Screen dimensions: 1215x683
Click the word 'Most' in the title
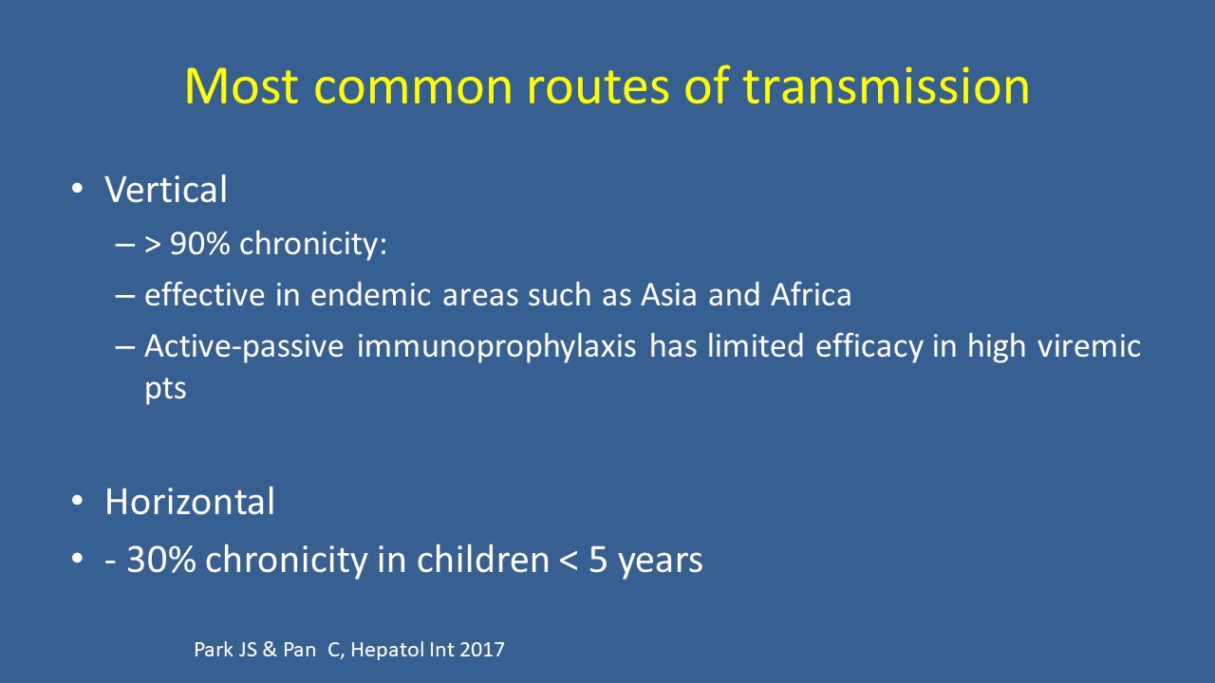click(241, 85)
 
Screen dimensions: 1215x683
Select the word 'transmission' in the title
click(886, 85)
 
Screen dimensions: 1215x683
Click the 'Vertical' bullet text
click(165, 190)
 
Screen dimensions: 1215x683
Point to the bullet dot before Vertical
click(77, 189)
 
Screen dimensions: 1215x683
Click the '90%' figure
click(200, 244)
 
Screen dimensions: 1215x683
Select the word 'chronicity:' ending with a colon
click(313, 245)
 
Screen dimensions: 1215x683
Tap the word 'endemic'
click(370, 295)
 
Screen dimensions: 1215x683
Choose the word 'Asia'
click(669, 295)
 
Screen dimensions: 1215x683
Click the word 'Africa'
click(811, 295)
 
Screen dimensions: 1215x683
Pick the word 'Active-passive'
click(244, 347)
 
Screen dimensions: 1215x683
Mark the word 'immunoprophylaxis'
click(496, 347)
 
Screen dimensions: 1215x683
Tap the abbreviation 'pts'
click(165, 390)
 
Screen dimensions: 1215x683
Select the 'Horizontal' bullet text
click(190, 502)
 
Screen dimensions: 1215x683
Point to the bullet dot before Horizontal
click(77, 501)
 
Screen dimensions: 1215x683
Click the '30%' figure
click(160, 560)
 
